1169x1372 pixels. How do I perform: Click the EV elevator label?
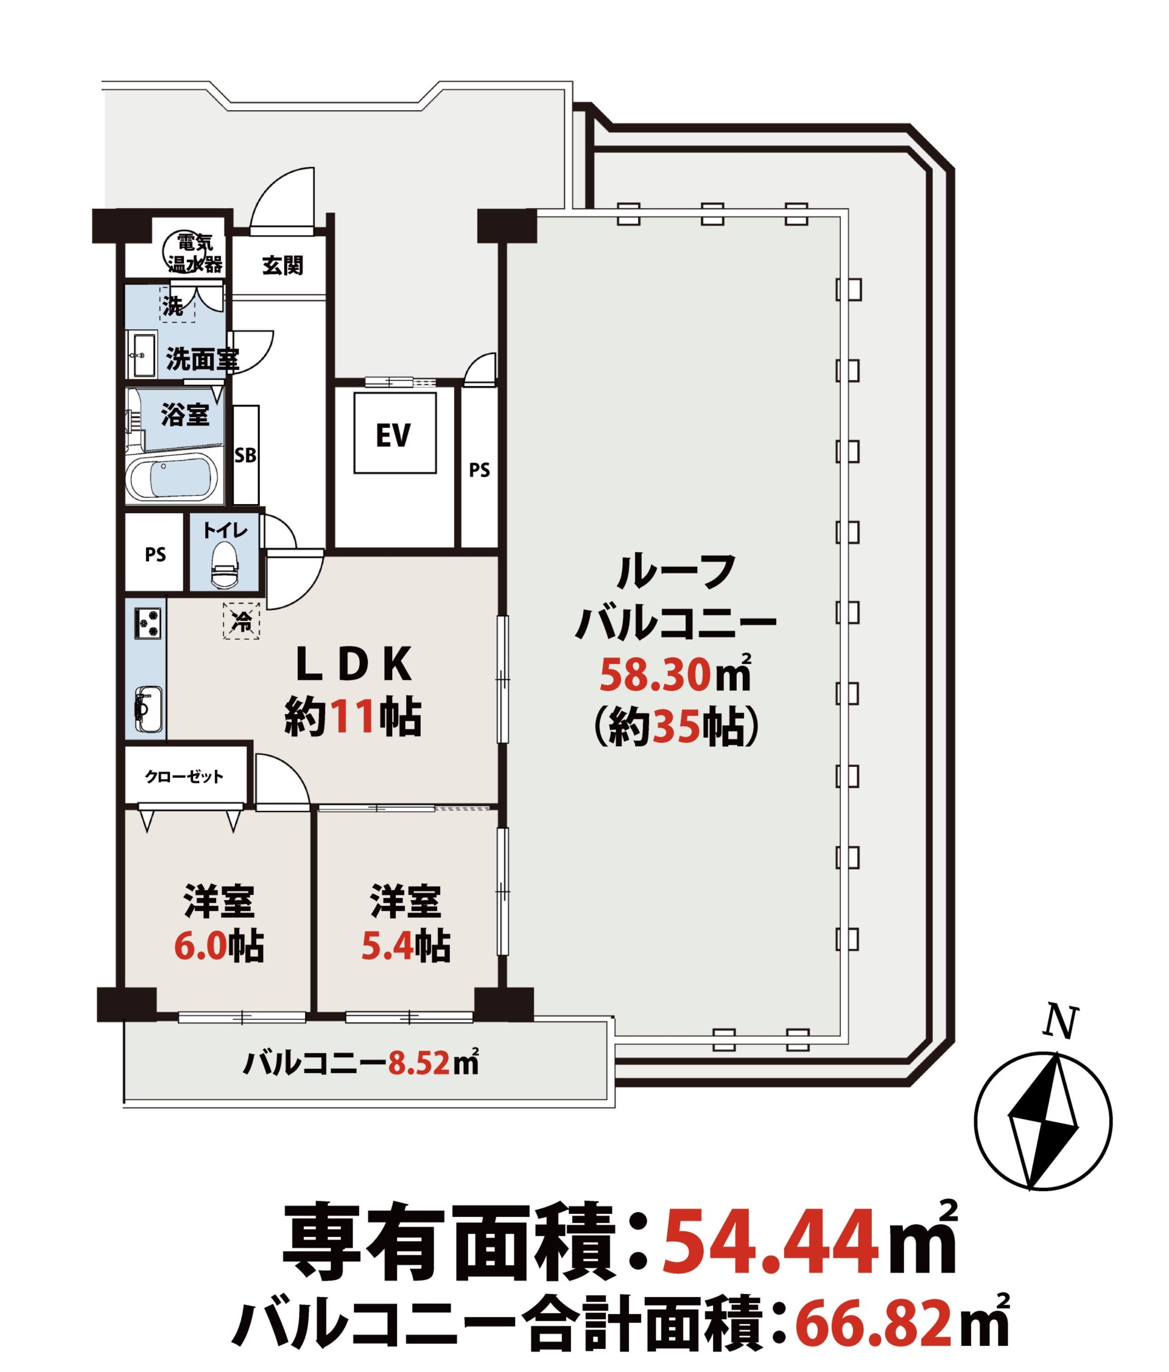pyautogui.click(x=393, y=435)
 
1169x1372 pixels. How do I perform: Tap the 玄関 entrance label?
pyautogui.click(x=283, y=265)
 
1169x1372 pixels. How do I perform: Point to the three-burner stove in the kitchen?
pyautogui.click(x=148, y=623)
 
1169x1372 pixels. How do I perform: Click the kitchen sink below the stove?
pyautogui.click(x=149, y=709)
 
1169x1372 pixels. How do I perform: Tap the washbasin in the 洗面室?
pyautogui.click(x=142, y=354)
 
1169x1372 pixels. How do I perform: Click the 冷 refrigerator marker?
pyautogui.click(x=242, y=620)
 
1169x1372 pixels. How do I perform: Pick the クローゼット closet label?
pyautogui.click(x=185, y=776)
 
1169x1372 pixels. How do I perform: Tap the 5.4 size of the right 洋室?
pyautogui.click(x=387, y=948)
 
